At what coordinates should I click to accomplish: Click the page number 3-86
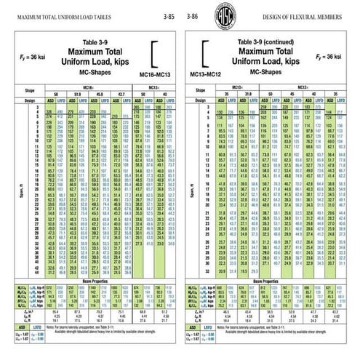coord(193,15)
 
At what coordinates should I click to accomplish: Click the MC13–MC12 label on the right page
coord(205,74)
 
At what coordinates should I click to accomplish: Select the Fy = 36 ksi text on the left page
coord(27,56)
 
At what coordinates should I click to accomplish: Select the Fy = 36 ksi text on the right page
coord(332,56)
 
